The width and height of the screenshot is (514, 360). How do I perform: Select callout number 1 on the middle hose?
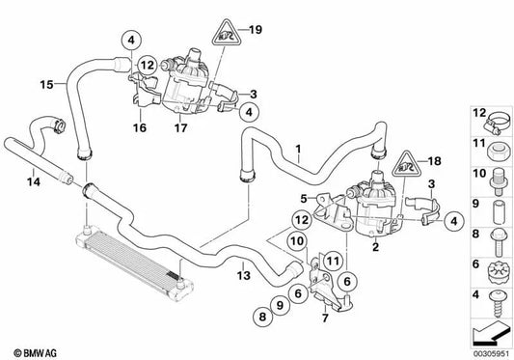tap(300, 150)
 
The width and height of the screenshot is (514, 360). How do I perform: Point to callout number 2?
tap(374, 247)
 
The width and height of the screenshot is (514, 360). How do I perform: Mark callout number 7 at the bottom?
tap(325, 318)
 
